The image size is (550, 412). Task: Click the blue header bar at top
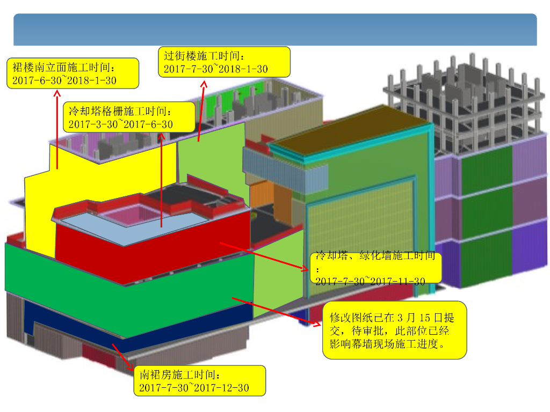click(x=275, y=30)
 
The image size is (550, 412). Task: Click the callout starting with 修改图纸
click(x=394, y=330)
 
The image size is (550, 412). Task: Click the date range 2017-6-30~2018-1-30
click(x=63, y=80)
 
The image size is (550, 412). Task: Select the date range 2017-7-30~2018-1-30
click(x=215, y=69)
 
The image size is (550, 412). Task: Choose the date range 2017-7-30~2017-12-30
click(x=194, y=387)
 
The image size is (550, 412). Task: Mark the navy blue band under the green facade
click(x=134, y=322)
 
